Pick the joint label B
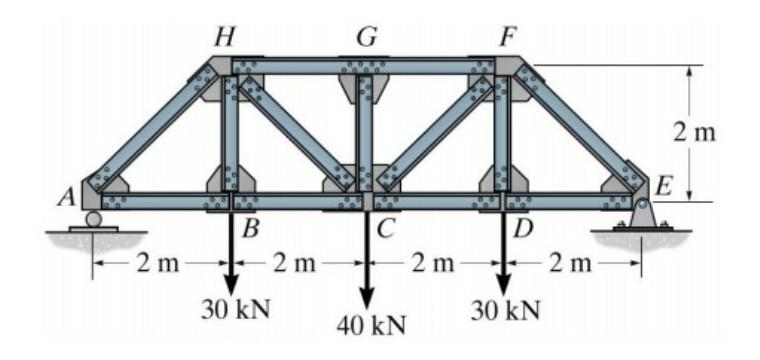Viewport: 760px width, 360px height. coord(251,228)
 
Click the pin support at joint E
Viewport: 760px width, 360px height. coord(641,212)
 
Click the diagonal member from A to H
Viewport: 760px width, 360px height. coord(151,130)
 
